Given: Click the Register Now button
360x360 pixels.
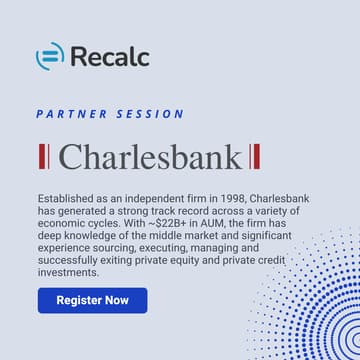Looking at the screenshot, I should click(x=92, y=300).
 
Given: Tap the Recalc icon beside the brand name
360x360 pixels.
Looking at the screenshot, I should click(x=50, y=55).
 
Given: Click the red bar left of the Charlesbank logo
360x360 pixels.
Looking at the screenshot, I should click(x=41, y=157).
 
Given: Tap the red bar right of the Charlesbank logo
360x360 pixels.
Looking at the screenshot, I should click(x=256, y=157).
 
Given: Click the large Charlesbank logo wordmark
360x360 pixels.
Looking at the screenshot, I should click(x=149, y=157).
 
